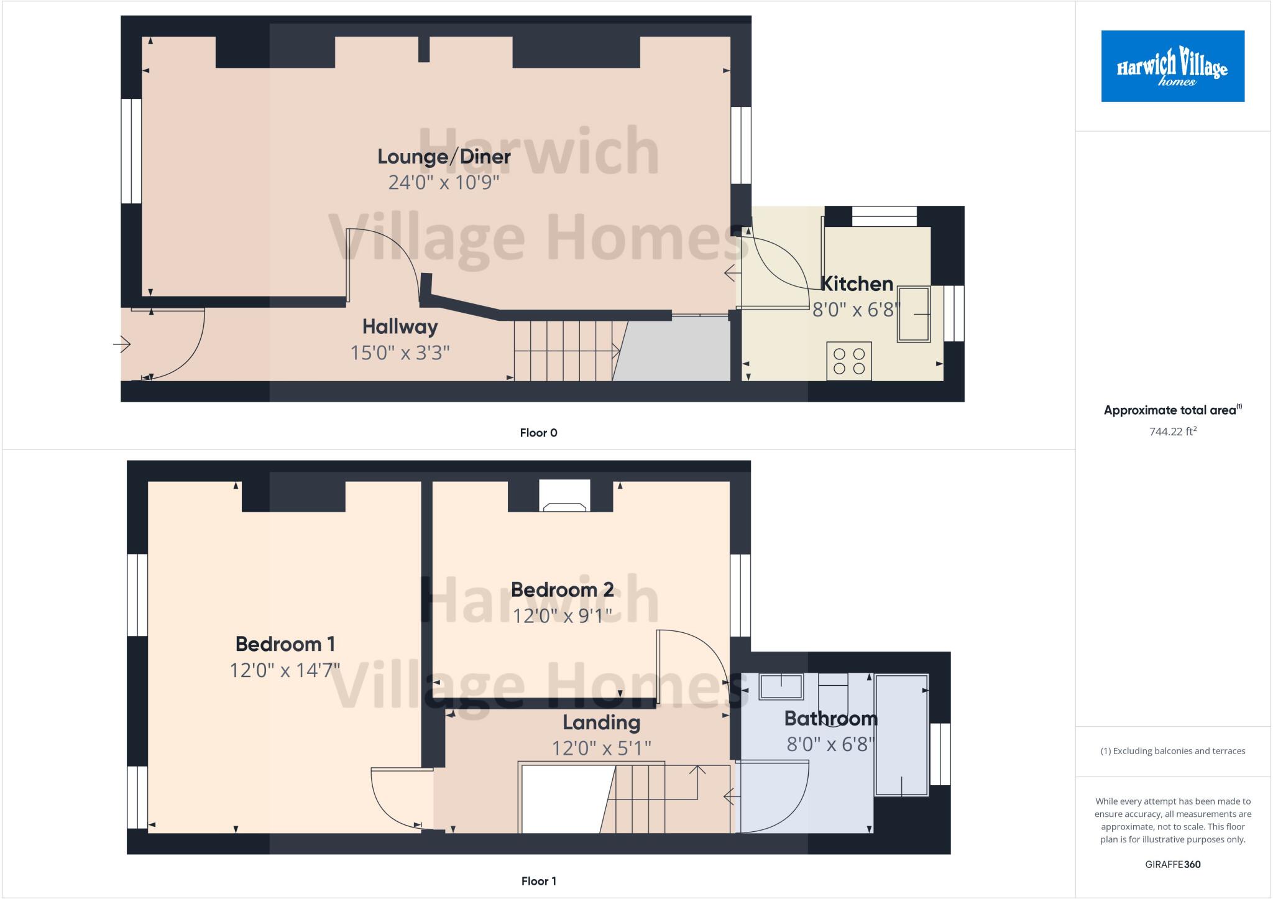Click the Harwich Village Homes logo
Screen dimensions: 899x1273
pyautogui.click(x=1172, y=66)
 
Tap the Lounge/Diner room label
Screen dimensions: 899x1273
pyautogui.click(x=444, y=157)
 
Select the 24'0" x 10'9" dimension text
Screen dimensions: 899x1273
pyautogui.click(x=444, y=183)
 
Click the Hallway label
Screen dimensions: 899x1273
pyautogui.click(x=400, y=326)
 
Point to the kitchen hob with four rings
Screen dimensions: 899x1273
pyautogui.click(x=849, y=361)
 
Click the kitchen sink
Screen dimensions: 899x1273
pyautogui.click(x=913, y=314)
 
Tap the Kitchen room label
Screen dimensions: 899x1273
pyautogui.click(x=857, y=284)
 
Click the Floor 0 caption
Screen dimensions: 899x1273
pyautogui.click(x=538, y=433)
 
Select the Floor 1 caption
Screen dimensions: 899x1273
pyautogui.click(x=538, y=881)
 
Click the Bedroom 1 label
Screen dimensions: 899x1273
pyautogui.click(x=285, y=643)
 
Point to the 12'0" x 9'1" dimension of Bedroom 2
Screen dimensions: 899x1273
pyautogui.click(x=562, y=615)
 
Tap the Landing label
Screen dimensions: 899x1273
pyautogui.click(x=601, y=722)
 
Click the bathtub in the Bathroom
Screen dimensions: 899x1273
pyautogui.click(x=901, y=735)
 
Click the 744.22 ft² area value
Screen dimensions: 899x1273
pyautogui.click(x=1172, y=431)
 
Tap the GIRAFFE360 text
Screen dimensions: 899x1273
pyautogui.click(x=1172, y=864)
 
